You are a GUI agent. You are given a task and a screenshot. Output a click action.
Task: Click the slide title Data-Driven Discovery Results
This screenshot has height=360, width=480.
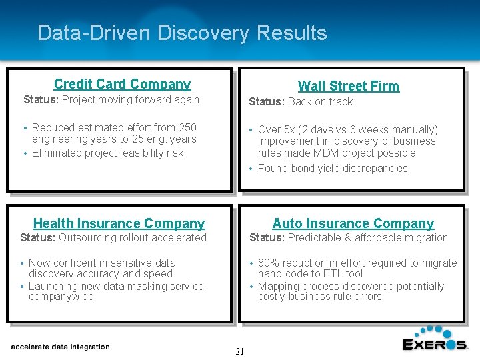click(182, 33)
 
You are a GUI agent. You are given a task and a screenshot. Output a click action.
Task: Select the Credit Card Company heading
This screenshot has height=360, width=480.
click(122, 84)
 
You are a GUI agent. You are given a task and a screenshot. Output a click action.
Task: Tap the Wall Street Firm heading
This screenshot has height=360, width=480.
click(348, 86)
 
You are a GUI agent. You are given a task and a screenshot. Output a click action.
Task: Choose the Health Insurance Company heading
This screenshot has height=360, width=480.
click(119, 223)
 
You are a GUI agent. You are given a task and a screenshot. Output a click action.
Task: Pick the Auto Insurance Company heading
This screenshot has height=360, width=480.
click(353, 223)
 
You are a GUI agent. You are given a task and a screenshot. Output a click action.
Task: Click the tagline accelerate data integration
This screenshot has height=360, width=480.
click(61, 347)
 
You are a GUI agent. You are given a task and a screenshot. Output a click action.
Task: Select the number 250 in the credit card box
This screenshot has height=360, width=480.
click(187, 127)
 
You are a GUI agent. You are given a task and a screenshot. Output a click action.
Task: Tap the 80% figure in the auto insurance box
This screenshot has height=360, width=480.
click(269, 263)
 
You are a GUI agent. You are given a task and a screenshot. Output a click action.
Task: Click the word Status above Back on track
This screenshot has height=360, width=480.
click(266, 102)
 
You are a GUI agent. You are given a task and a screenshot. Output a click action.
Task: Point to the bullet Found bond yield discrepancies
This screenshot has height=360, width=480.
click(332, 169)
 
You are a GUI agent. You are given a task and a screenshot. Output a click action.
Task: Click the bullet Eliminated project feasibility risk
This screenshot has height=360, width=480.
click(107, 153)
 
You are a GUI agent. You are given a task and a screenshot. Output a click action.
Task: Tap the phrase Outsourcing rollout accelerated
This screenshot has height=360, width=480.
click(133, 238)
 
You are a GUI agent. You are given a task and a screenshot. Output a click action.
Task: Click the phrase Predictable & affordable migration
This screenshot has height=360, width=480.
click(367, 238)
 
